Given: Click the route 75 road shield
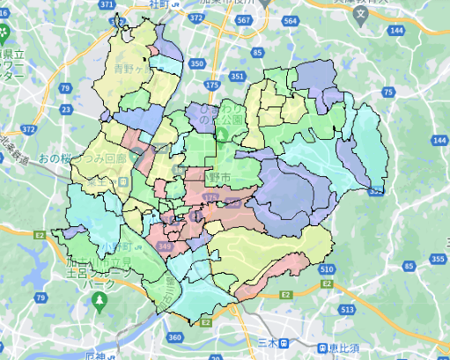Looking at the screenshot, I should click(x=387, y=92).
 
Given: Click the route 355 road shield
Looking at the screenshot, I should click(x=439, y=259).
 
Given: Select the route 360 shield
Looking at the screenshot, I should click(x=175, y=337).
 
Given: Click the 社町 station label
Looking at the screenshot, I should click(x=159, y=5).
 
